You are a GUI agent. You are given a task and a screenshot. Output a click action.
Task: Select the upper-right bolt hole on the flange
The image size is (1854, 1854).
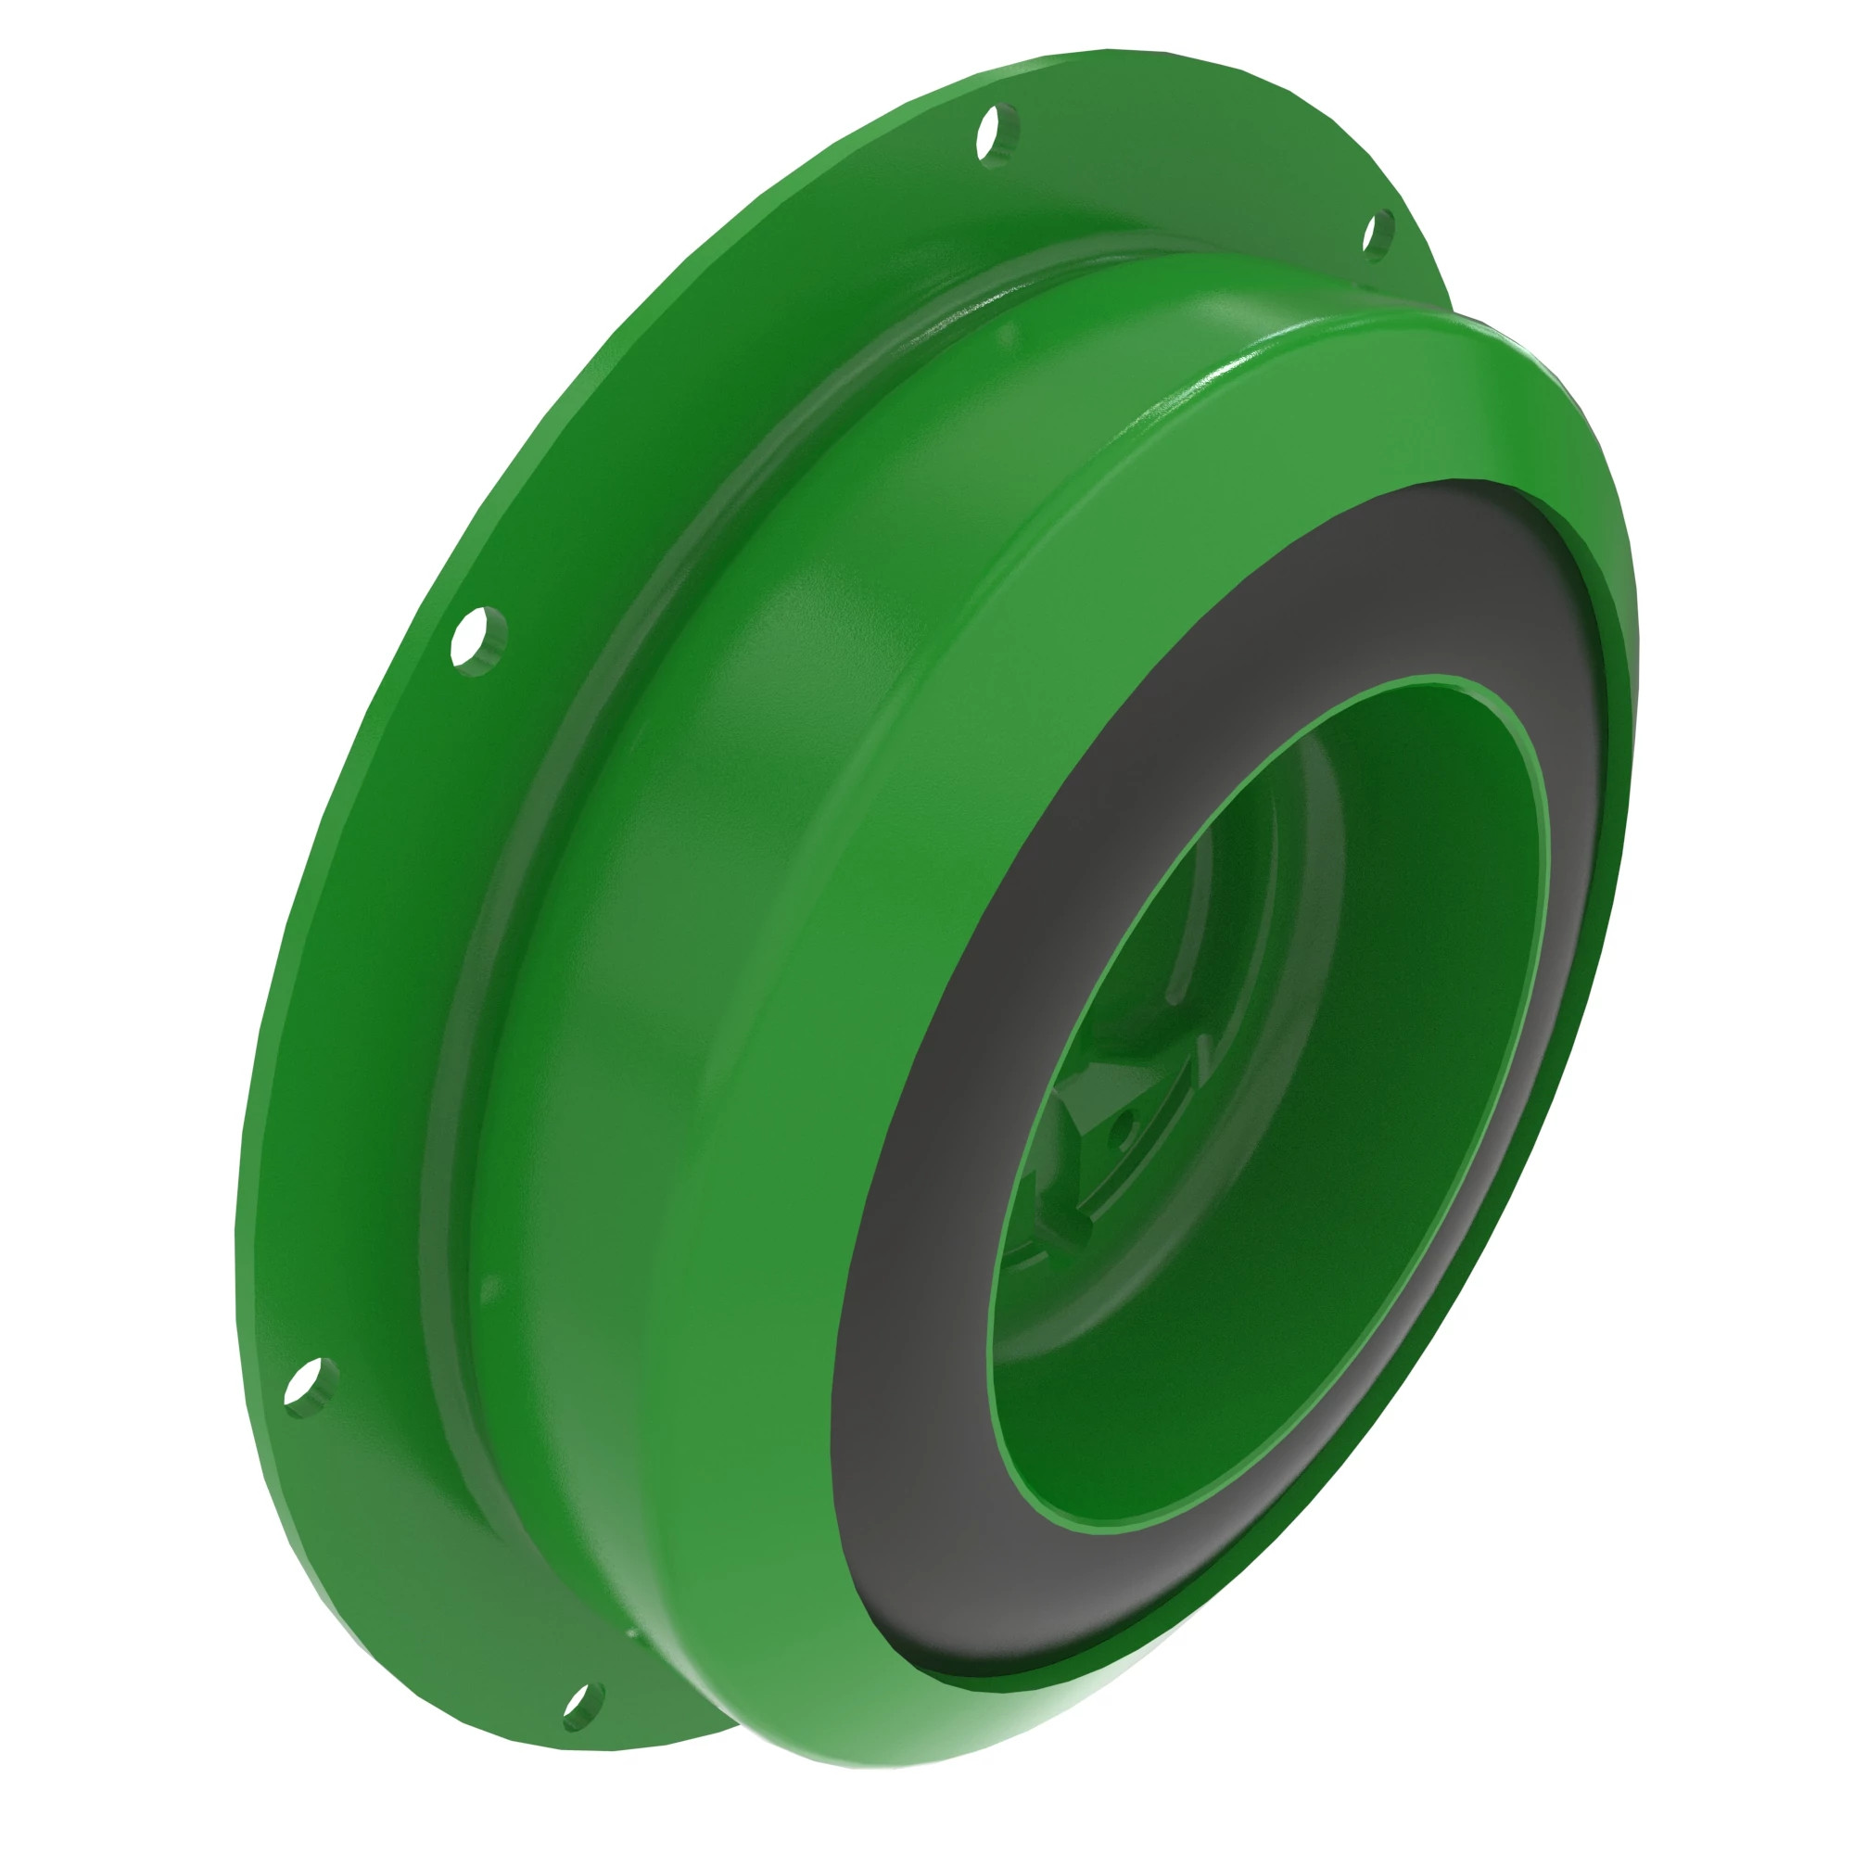(1378, 233)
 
